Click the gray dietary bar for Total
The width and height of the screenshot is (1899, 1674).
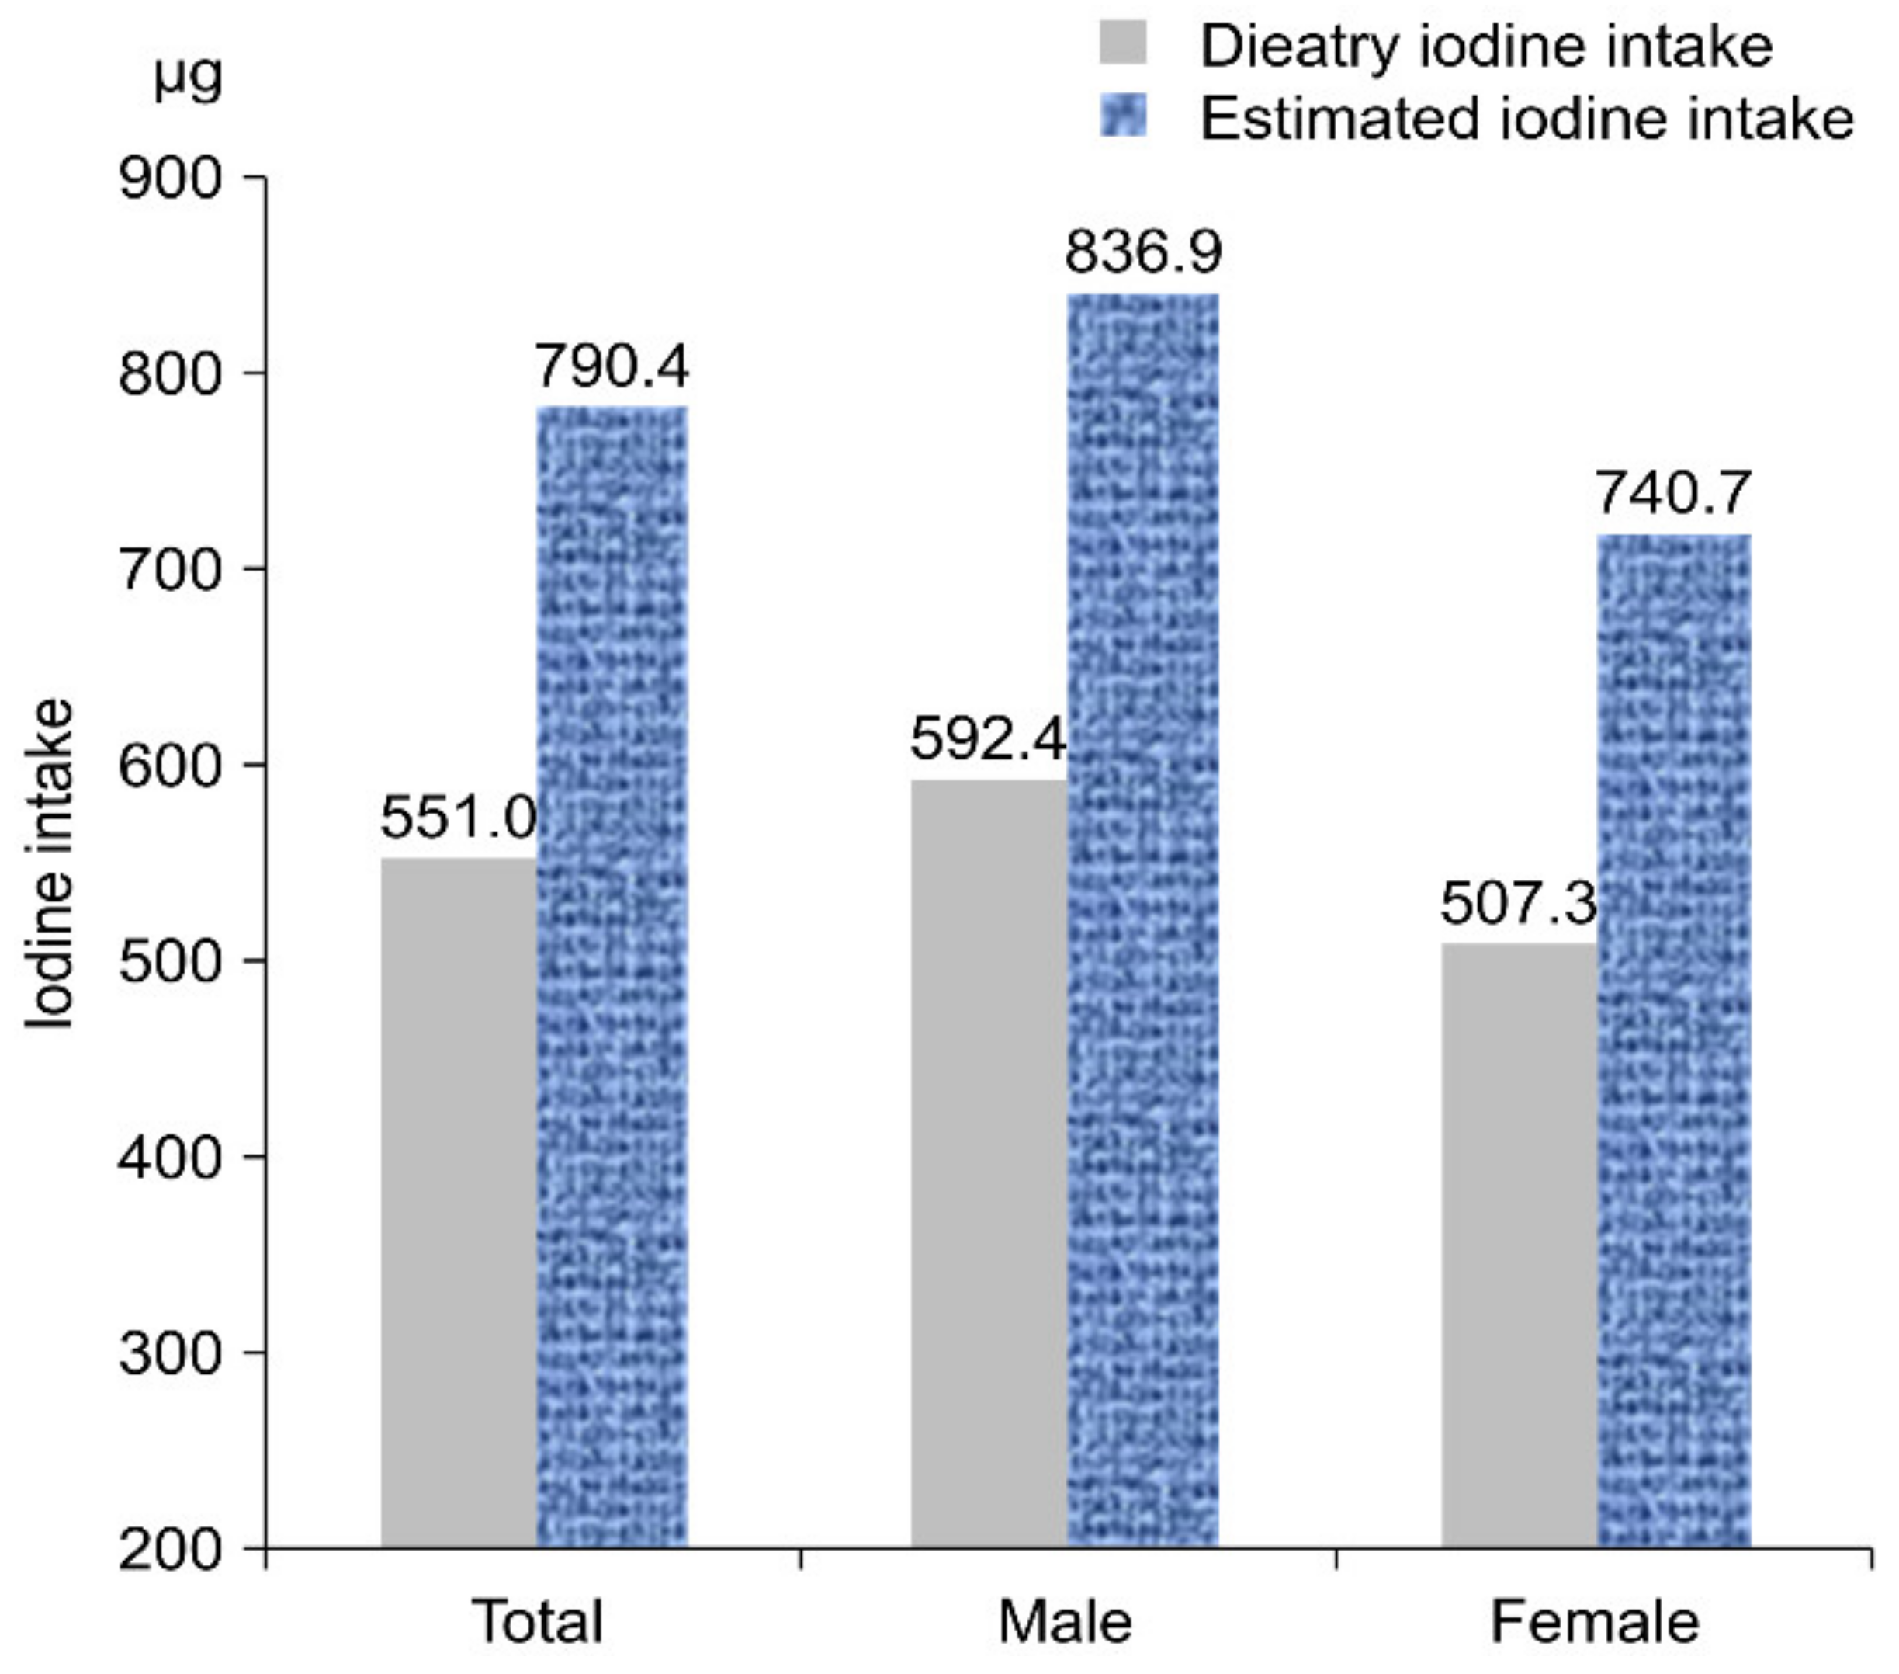[x=459, y=1199]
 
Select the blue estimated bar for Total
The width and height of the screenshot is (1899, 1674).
[x=613, y=976]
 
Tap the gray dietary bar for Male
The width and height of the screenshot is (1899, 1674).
[x=989, y=1162]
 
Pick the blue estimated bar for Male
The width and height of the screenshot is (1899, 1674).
[x=1143, y=920]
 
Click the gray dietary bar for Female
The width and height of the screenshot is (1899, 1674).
[x=1519, y=1245]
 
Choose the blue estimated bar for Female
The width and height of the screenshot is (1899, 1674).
[x=1674, y=1041]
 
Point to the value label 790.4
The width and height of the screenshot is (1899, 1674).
[x=612, y=366]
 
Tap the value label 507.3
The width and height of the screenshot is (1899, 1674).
[x=1518, y=904]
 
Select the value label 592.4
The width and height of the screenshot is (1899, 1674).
[x=988, y=741]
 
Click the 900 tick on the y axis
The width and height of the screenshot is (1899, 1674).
[x=171, y=178]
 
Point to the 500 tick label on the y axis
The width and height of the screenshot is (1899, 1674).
[x=171, y=961]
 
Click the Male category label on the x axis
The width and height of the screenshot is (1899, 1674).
[x=1066, y=1622]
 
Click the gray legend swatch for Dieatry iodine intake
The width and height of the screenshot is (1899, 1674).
[x=1123, y=43]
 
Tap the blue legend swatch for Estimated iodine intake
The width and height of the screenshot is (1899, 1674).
[x=1123, y=117]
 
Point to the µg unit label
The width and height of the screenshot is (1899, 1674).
[x=189, y=78]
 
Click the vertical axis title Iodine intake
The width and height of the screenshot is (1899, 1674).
[x=48, y=864]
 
